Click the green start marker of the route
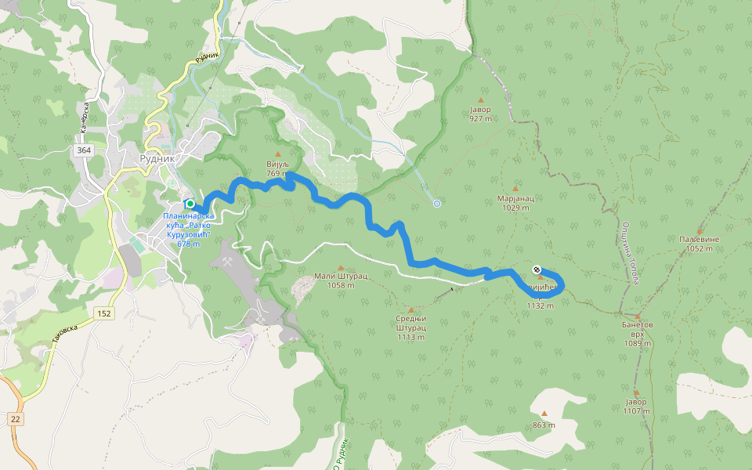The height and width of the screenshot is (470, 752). (x=190, y=204)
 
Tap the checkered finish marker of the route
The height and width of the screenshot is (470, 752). (x=537, y=269)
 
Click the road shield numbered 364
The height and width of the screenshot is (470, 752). (x=84, y=150)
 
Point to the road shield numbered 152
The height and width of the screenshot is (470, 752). (x=104, y=313)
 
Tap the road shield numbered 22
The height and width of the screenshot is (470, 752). (x=16, y=419)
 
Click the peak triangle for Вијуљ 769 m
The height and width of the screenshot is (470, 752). (x=277, y=154)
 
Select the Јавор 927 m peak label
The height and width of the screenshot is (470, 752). (x=480, y=114)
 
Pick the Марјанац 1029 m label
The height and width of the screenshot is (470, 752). (x=515, y=203)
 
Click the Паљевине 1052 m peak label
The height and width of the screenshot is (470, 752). (x=699, y=244)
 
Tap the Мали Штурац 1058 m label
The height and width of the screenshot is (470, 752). (x=341, y=280)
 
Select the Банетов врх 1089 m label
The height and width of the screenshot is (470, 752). (x=637, y=333)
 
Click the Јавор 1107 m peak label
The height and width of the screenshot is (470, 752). (x=636, y=406)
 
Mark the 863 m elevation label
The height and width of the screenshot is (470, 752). (x=544, y=425)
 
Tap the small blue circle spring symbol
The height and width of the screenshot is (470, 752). (x=437, y=204)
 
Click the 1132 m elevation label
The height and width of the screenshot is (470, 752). (x=540, y=305)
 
